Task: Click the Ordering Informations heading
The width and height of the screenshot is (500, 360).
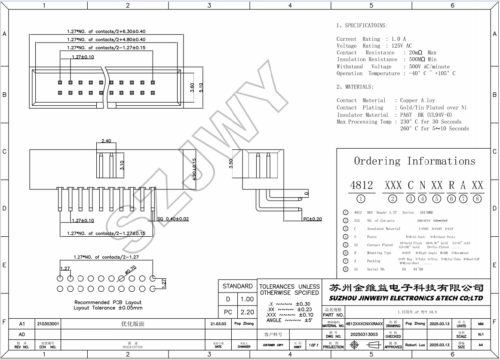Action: click(414, 161)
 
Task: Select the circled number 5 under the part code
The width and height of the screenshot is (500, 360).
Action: click(437, 198)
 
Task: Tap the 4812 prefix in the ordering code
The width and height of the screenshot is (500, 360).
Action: click(361, 185)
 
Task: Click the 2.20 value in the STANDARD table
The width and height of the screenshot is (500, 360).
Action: click(247, 312)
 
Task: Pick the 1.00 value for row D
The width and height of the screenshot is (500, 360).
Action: click(247, 299)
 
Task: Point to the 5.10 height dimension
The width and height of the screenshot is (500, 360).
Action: click(201, 87)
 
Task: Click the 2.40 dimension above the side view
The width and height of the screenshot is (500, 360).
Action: click(106, 141)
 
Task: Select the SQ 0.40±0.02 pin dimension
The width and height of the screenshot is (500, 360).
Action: click(173, 219)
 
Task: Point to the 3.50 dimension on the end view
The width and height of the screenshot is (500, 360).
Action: click(231, 164)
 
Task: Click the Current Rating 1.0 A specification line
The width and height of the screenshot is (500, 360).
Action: click(371, 39)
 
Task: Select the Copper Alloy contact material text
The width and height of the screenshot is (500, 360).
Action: click(417, 101)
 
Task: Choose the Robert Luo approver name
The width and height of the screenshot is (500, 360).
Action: click(415, 345)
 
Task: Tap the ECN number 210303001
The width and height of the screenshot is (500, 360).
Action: click(48, 324)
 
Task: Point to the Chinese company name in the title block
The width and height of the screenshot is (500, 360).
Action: click(406, 288)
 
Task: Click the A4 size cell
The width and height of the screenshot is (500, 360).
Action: click(480, 345)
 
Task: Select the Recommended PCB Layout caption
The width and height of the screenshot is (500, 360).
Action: click(108, 302)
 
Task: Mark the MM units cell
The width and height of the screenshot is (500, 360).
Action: click(480, 324)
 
